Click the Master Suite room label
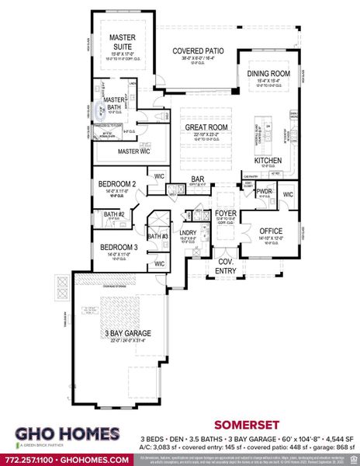(123, 42)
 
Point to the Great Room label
(206, 127)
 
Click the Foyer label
(226, 212)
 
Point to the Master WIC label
(133, 151)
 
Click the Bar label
(197, 179)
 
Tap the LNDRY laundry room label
(189, 232)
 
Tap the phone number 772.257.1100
(29, 459)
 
